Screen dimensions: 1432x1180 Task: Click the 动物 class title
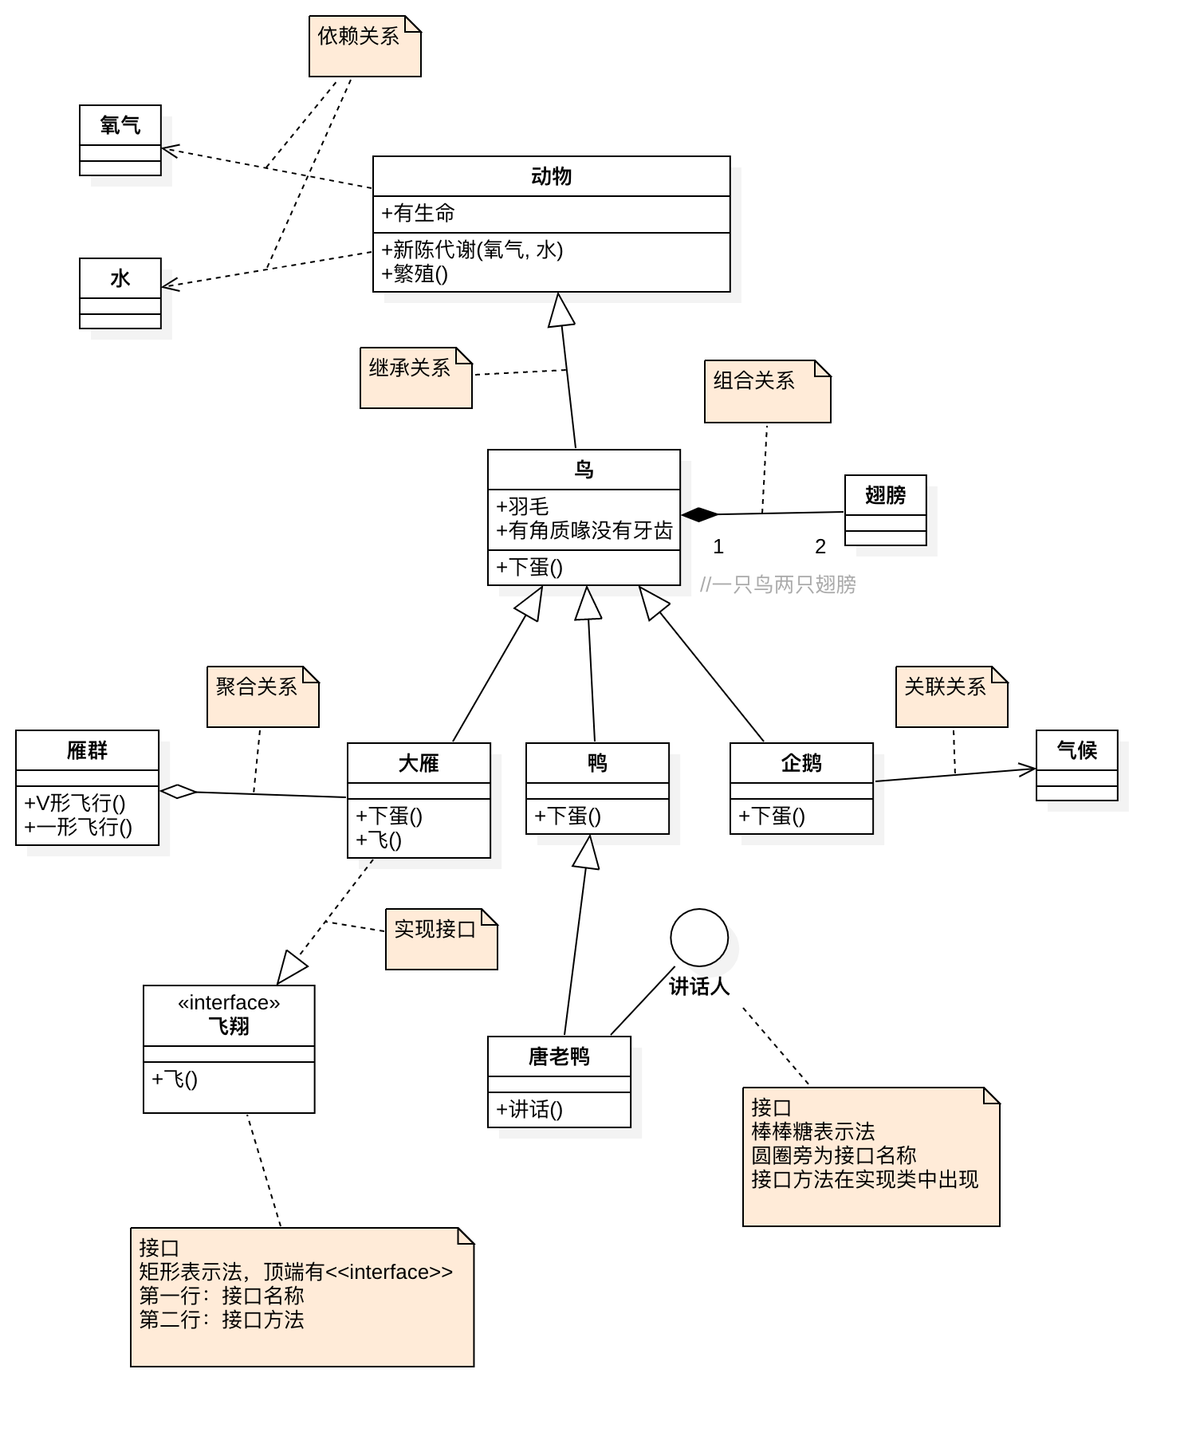pyautogui.click(x=551, y=176)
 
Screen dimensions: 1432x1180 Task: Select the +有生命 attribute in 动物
pyautogui.click(x=419, y=214)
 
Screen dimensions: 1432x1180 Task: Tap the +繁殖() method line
pyautogui.click(x=415, y=274)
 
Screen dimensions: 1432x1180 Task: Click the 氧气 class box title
pyautogui.click(x=120, y=125)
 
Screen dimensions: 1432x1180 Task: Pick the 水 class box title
pyautogui.click(x=120, y=278)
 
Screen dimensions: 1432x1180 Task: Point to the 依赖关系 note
pyautogui.click(x=364, y=46)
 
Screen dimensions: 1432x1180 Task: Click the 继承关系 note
pyautogui.click(x=415, y=378)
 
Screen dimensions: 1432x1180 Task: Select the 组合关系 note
pyautogui.click(x=767, y=391)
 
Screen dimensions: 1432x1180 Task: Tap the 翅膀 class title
pyautogui.click(x=885, y=495)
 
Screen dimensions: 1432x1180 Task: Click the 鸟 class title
pyautogui.click(x=584, y=470)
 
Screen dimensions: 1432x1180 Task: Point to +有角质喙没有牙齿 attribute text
pyautogui.click(x=584, y=531)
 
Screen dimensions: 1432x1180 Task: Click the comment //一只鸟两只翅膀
pyautogui.click(x=777, y=585)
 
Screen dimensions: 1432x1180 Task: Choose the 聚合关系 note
pyautogui.click(x=262, y=696)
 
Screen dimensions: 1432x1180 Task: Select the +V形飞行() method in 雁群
pyautogui.click(x=75, y=803)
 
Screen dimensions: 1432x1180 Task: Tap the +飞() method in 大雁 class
pyautogui.click(x=380, y=840)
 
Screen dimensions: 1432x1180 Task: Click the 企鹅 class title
pyautogui.click(x=801, y=763)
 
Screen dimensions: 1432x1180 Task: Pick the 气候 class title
pyautogui.click(x=1076, y=750)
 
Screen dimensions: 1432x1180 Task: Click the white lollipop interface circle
pyautogui.click(x=699, y=938)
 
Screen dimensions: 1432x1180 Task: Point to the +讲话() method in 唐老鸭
pyautogui.click(x=529, y=1109)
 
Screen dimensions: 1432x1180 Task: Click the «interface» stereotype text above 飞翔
pyautogui.click(x=229, y=1003)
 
